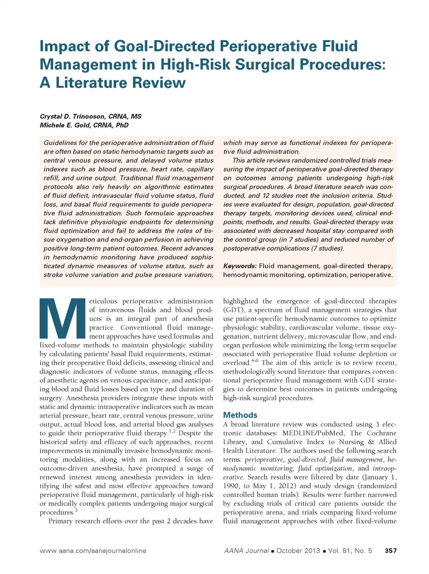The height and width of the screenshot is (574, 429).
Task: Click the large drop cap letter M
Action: pos(62,318)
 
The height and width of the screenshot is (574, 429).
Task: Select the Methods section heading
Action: pos(240,415)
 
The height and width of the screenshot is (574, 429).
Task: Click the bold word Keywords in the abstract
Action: pos(240,266)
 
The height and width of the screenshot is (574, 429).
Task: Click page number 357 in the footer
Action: pos(391,551)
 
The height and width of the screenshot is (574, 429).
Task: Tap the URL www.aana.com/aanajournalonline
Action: pos(93,551)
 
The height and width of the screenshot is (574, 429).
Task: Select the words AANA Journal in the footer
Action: pos(246,551)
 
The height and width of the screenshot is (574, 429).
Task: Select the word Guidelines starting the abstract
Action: pos(60,143)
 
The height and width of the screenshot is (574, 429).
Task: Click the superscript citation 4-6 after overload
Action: pos(254,360)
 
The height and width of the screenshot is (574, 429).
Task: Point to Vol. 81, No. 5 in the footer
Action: pos(350,551)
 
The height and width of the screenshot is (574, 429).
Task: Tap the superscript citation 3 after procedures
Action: pos(76,510)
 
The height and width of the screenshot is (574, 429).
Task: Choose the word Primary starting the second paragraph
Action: pos(62,521)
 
